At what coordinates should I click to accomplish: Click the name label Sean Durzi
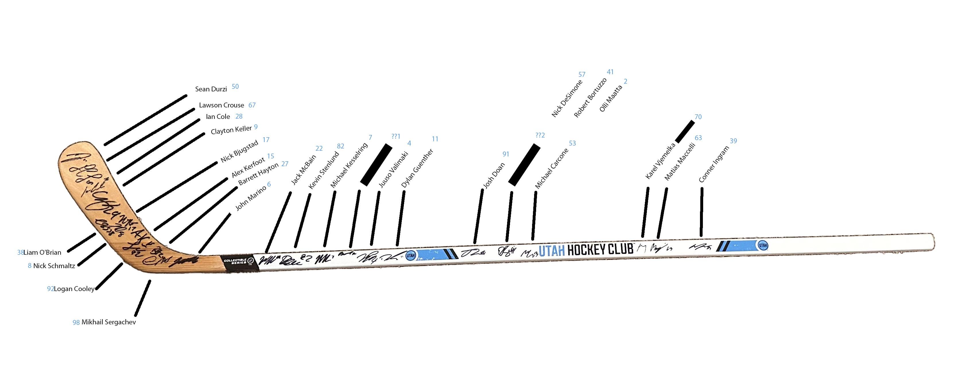(211, 89)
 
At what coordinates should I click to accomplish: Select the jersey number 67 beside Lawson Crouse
(252, 105)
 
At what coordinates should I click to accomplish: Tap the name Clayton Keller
(231, 130)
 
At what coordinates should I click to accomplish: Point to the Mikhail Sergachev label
(108, 322)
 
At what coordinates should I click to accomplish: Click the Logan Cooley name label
(74, 289)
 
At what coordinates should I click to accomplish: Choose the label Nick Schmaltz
(54, 266)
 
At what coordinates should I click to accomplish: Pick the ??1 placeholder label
(396, 136)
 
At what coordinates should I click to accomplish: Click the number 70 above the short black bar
(698, 117)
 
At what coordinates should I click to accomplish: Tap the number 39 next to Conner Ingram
(733, 141)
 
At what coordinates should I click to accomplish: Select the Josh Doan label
(494, 176)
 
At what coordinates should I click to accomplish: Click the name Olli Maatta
(611, 99)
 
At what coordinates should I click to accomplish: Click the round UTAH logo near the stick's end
(763, 245)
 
